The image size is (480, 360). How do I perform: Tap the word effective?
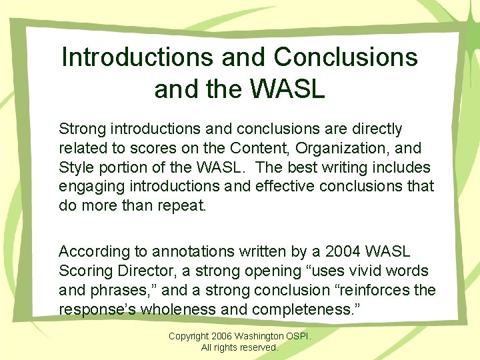click(282, 186)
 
